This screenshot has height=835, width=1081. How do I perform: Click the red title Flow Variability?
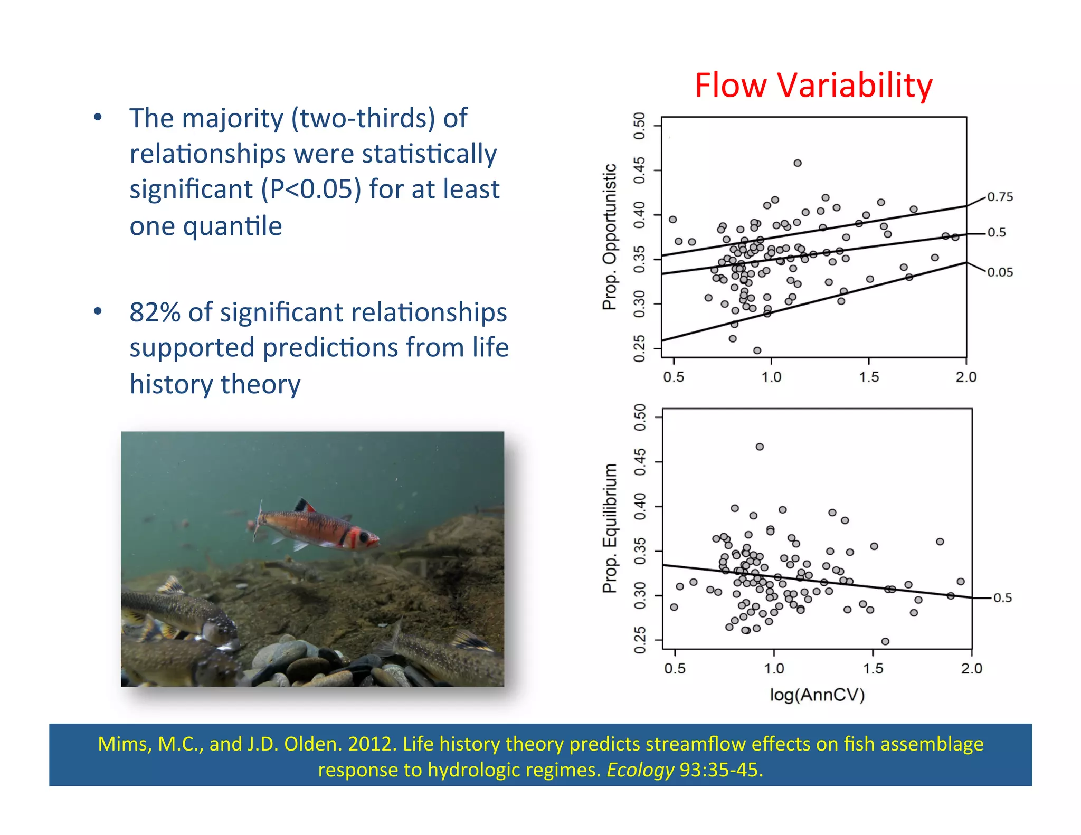[x=813, y=86]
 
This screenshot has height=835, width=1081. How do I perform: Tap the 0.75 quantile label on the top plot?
[x=1000, y=197]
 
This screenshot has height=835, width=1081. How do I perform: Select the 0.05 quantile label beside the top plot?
[x=1000, y=272]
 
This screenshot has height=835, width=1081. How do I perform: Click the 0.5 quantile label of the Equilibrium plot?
[x=1002, y=597]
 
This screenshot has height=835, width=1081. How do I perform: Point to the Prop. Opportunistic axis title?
[x=610, y=236]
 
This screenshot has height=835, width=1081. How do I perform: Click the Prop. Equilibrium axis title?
[x=610, y=528]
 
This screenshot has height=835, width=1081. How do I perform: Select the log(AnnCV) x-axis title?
[x=817, y=695]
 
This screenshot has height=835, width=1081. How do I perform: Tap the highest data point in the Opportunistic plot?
[x=798, y=163]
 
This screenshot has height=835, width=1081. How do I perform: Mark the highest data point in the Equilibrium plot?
[x=760, y=447]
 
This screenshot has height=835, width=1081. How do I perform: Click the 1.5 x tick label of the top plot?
[x=869, y=377]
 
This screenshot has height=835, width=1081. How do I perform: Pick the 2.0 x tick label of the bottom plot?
[x=971, y=668]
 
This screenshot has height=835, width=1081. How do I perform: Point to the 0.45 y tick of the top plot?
[x=639, y=170]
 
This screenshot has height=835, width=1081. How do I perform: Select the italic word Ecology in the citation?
[x=640, y=770]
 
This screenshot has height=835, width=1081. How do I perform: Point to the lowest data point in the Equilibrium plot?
[x=885, y=641]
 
